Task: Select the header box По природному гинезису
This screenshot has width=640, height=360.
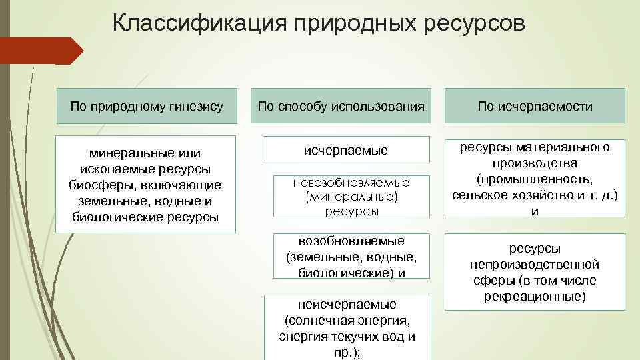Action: tap(146, 106)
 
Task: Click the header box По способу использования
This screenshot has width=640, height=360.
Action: tap(341, 106)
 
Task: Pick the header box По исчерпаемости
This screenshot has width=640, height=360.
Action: tap(535, 106)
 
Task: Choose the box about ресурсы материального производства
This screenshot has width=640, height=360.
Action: tap(535, 178)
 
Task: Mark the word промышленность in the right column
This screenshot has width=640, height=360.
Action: tap(535, 179)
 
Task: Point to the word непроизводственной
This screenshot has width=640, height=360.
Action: tap(535, 264)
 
